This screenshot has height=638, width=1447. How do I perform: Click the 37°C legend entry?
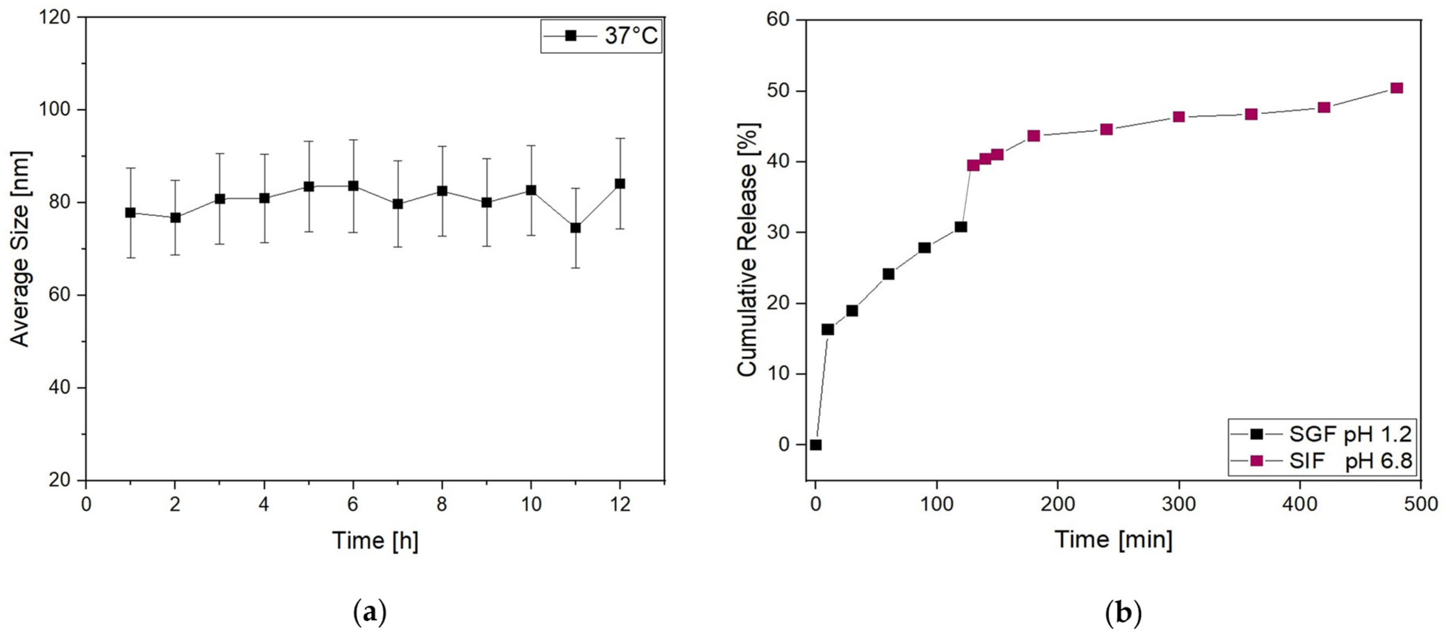click(601, 36)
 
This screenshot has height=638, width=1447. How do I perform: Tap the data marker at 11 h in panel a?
click(575, 228)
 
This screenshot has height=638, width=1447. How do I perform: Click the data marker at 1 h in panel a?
click(130, 213)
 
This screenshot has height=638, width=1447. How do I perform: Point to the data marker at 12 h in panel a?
click(620, 183)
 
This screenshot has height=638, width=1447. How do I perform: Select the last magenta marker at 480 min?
click(1396, 88)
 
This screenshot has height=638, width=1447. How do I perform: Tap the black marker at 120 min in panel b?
click(961, 226)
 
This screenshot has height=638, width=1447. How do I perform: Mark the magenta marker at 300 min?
click(1179, 117)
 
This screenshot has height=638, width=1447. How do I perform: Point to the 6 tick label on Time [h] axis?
click(353, 504)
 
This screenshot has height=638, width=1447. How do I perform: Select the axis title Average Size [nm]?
click(20, 249)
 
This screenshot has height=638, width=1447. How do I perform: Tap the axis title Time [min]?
click(1114, 540)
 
